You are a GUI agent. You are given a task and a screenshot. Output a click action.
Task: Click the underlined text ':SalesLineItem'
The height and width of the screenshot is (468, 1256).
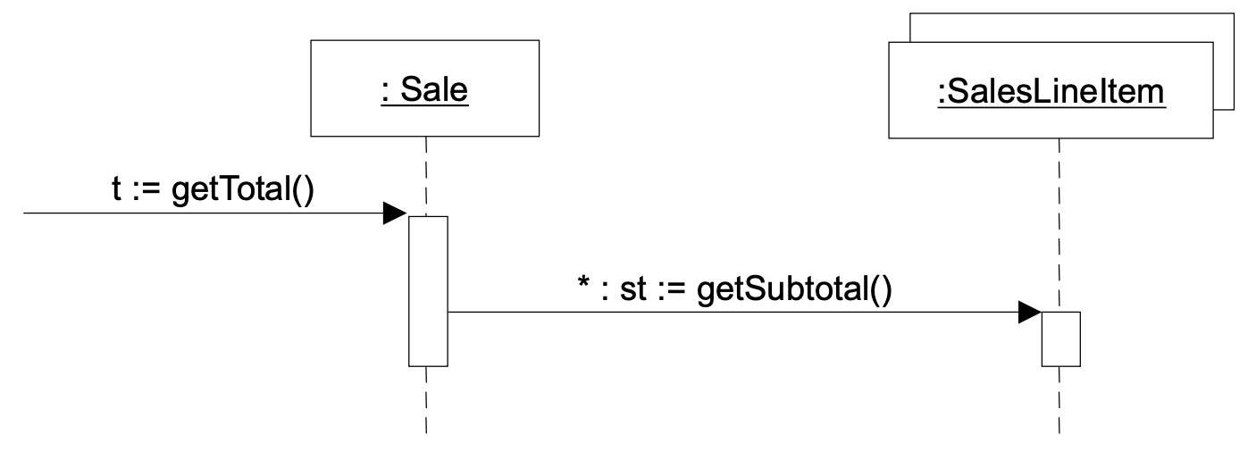(1051, 92)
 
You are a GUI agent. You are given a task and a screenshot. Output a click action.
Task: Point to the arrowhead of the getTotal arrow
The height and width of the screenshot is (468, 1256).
(395, 214)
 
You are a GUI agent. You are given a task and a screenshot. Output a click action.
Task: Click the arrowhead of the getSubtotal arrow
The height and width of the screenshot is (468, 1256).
(1029, 313)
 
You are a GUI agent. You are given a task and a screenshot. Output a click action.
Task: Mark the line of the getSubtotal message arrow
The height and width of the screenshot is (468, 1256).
(715, 313)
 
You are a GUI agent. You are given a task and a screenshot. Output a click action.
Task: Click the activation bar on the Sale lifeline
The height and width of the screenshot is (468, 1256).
(428, 290)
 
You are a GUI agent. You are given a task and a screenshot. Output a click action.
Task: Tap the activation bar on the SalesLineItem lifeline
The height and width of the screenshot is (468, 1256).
(1061, 338)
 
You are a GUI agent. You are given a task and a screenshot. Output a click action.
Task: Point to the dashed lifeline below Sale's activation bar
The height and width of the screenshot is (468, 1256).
(427, 402)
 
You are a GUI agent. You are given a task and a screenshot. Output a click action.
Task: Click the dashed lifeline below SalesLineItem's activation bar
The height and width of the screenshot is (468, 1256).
(1060, 402)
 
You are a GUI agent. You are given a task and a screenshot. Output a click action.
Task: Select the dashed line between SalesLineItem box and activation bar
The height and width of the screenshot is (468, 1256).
(1059, 223)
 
